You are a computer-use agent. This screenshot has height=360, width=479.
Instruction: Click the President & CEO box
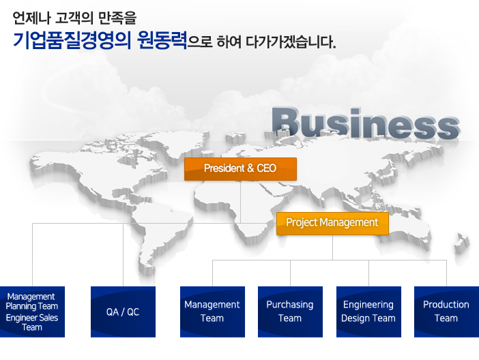click(240, 169)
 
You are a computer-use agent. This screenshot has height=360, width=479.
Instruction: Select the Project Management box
click(332, 224)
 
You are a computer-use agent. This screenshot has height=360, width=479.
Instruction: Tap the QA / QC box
click(123, 312)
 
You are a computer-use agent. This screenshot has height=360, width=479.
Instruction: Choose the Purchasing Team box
click(290, 312)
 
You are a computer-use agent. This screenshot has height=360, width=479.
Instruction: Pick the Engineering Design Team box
click(368, 312)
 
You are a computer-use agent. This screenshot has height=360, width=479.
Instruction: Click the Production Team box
click(447, 312)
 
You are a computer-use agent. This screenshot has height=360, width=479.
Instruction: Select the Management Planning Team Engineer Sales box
click(32, 312)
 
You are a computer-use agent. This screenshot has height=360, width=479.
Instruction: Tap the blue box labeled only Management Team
click(213, 312)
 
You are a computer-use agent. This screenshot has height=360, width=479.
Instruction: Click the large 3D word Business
click(366, 123)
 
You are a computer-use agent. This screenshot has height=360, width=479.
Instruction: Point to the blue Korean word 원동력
click(162, 40)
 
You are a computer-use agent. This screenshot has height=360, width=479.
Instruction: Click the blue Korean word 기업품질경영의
click(72, 40)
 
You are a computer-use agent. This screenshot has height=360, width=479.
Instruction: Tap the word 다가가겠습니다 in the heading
click(291, 42)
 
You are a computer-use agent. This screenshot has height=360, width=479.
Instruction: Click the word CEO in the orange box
click(266, 168)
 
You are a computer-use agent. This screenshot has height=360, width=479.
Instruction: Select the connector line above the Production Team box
click(447, 273)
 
